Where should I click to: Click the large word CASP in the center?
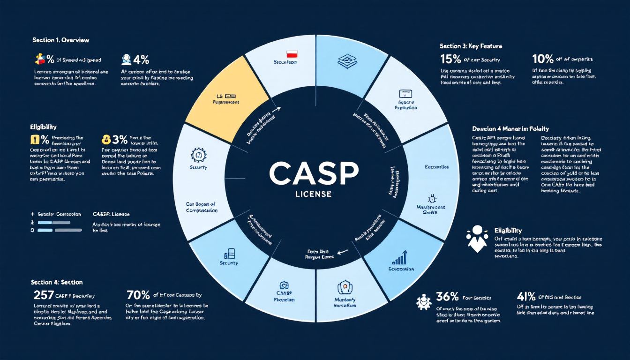coord(315,174)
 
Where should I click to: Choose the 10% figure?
coord(543,60)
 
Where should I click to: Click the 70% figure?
coord(138,295)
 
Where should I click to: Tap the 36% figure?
coord(447,297)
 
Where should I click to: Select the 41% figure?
coord(526,297)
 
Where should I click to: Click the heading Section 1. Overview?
coord(61,40)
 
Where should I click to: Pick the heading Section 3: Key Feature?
coord(471,46)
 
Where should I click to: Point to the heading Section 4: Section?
coord(57,282)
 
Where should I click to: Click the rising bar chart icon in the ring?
coord(399,257)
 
